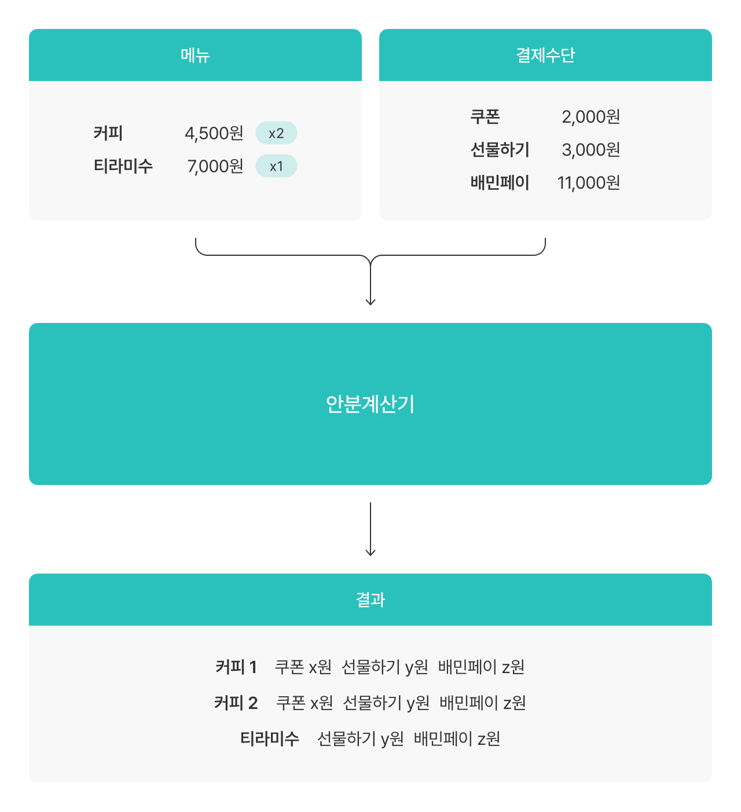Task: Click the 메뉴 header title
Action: pyautogui.click(x=195, y=55)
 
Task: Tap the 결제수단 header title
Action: pyautogui.click(x=545, y=55)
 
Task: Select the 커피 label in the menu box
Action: pyautogui.click(x=108, y=133)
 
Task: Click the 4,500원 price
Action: pyautogui.click(x=214, y=133)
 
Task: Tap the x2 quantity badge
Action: pyautogui.click(x=276, y=133)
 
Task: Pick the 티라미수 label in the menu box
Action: pyautogui.click(x=123, y=166)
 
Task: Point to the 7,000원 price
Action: pyautogui.click(x=215, y=166)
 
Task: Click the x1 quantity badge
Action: pyautogui.click(x=276, y=166)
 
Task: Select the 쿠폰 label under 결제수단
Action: pyautogui.click(x=485, y=116)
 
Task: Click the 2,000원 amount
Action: pyautogui.click(x=591, y=116)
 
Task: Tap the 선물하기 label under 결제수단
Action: pyautogui.click(x=500, y=149)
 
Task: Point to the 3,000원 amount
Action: pyautogui.click(x=591, y=149)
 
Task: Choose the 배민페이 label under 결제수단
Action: pyautogui.click(x=500, y=182)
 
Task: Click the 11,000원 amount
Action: pyautogui.click(x=589, y=182)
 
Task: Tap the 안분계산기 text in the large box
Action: pyautogui.click(x=370, y=404)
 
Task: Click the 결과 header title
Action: pyautogui.click(x=370, y=600)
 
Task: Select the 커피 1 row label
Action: pyautogui.click(x=236, y=667)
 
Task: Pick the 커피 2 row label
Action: pyautogui.click(x=236, y=703)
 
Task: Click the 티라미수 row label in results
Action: pyautogui.click(x=270, y=738)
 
